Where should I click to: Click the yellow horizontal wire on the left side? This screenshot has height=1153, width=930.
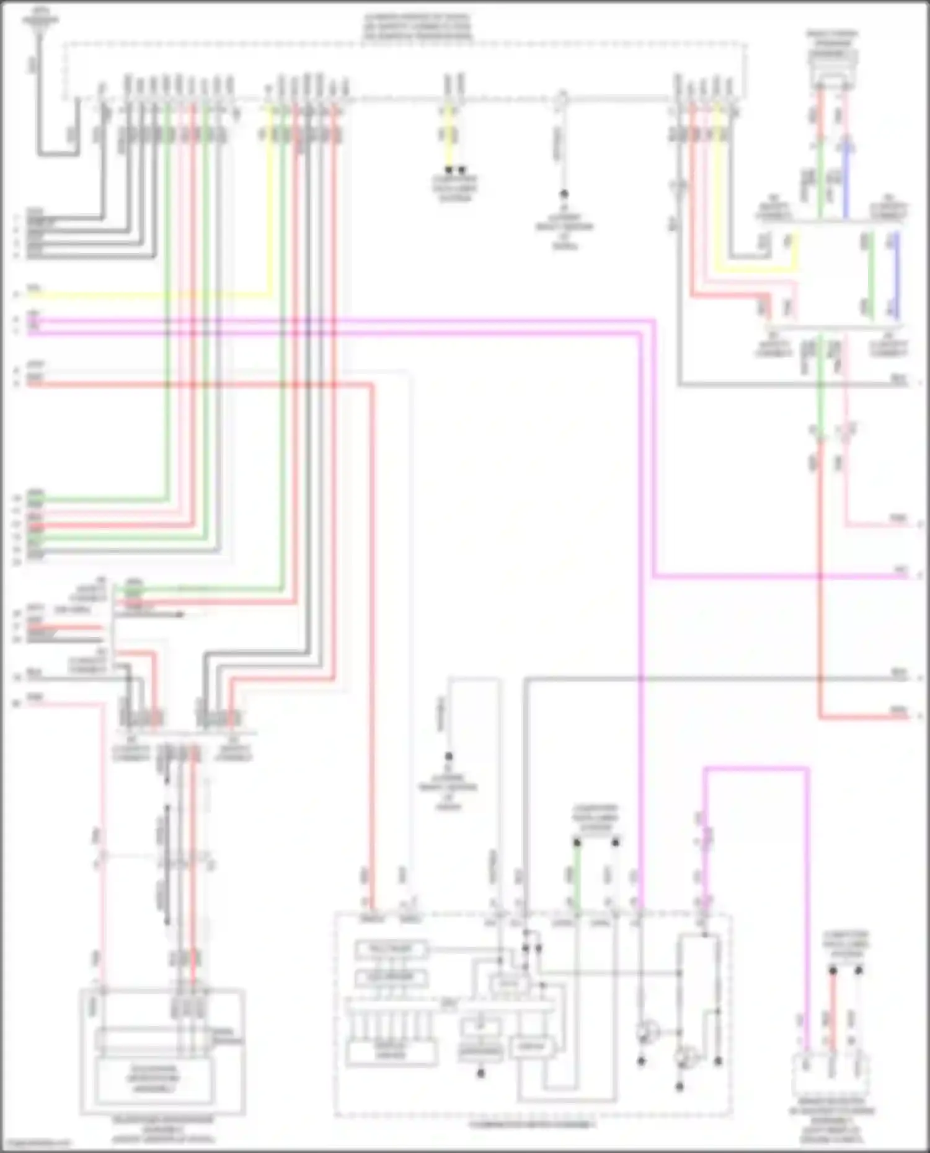149,295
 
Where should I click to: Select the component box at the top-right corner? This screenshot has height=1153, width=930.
833,59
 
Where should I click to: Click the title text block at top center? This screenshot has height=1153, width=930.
417,27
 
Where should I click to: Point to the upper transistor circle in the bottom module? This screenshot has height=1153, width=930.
647,1032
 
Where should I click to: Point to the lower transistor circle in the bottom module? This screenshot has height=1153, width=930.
685,1058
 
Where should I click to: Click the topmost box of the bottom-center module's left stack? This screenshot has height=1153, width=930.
391,949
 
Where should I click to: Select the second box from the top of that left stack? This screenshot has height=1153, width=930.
391,978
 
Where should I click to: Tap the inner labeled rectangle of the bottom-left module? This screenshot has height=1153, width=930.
153,1078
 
